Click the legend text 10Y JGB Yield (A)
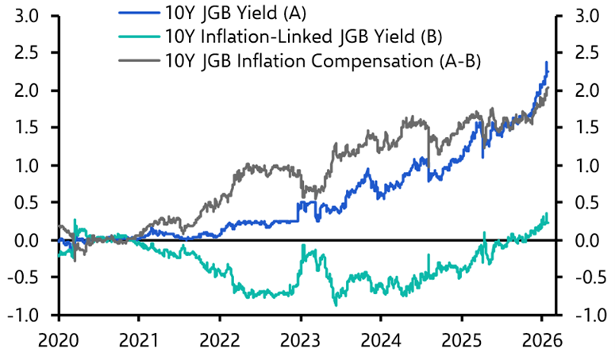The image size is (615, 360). pos(230,13)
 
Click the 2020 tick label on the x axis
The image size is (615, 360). pos(60,340)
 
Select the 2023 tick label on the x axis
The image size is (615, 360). pos(301,340)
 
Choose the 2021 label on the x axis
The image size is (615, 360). pos(140,340)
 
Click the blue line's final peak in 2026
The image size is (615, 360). pos(546,62)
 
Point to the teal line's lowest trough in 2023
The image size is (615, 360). pos(335,304)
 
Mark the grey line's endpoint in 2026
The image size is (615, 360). pos(548,88)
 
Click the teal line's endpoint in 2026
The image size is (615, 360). pos(548,223)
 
